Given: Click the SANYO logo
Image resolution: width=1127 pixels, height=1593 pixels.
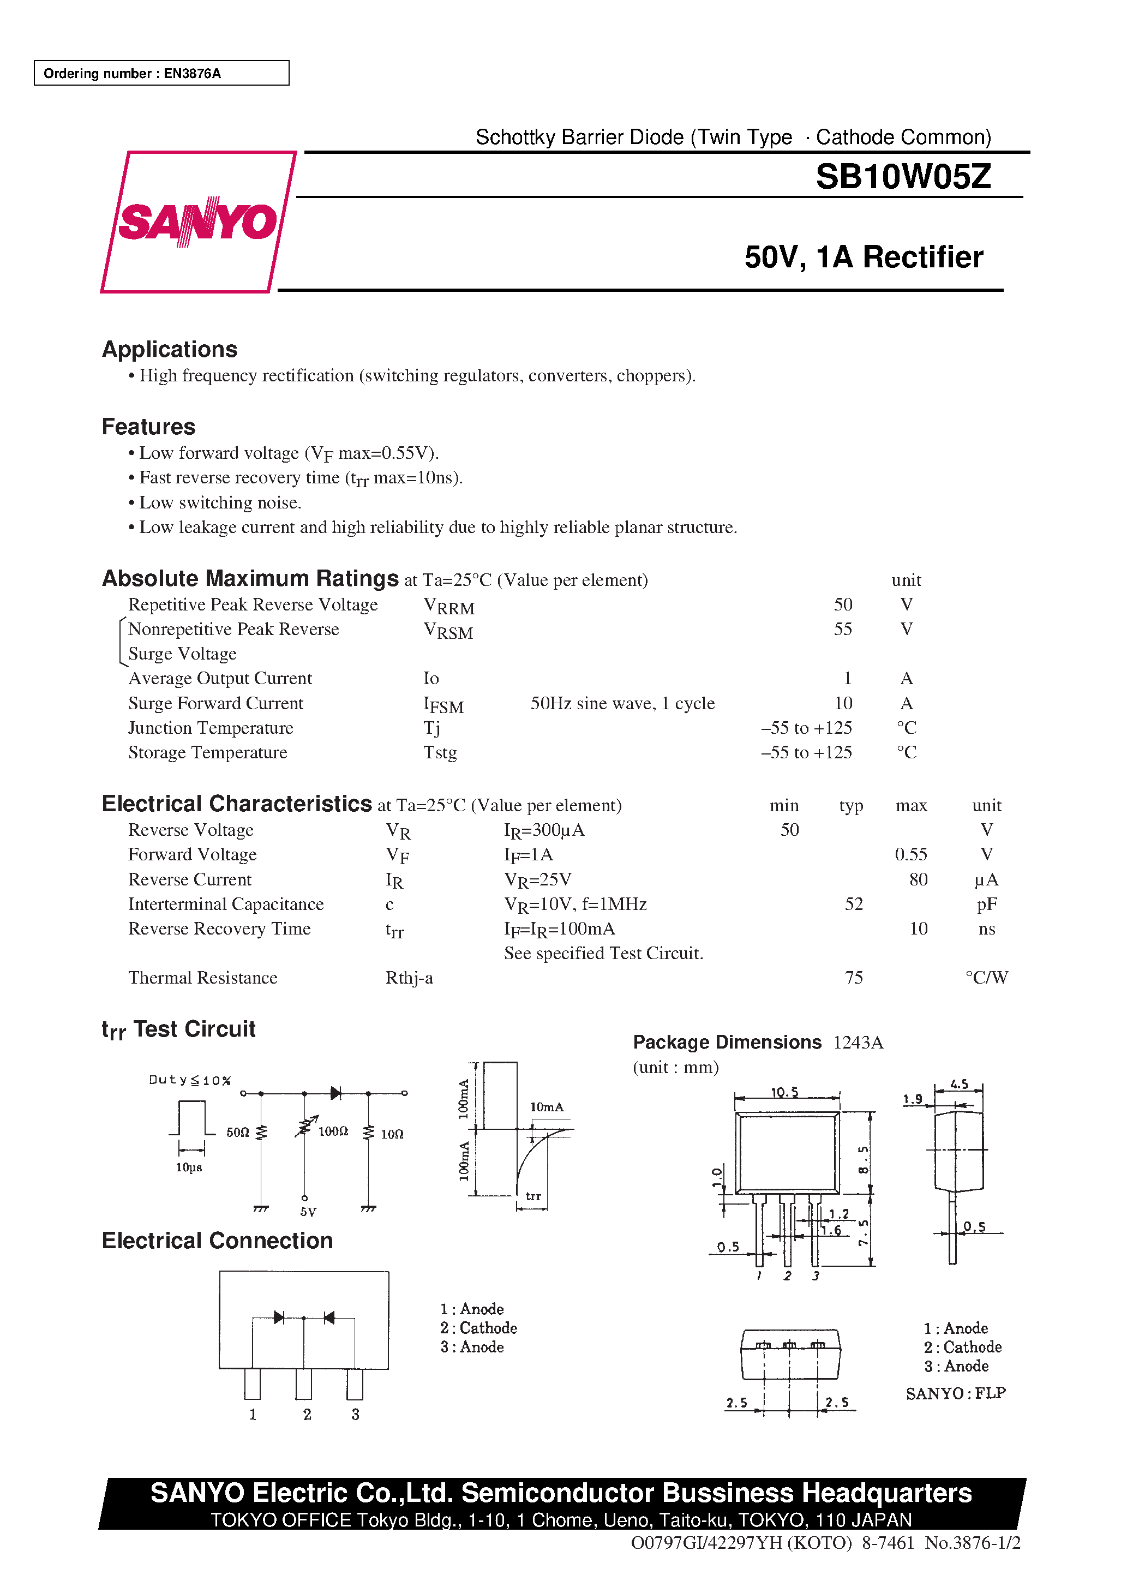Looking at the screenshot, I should tap(198, 222).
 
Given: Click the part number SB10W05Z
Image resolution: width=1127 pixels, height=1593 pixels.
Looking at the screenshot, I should tap(903, 176).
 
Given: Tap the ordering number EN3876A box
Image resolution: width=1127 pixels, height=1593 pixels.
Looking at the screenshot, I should tap(161, 73).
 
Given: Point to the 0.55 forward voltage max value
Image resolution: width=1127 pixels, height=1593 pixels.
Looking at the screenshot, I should tap(910, 855).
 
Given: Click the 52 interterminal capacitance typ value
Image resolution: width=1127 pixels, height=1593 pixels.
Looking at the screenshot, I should tap(854, 904).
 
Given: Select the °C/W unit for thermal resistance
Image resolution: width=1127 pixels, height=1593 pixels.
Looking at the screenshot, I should tap(986, 978).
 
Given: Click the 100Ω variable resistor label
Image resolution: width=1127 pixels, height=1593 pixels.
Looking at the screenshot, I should tap(333, 1131).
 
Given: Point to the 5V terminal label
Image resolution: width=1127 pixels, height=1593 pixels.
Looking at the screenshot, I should tap(308, 1212).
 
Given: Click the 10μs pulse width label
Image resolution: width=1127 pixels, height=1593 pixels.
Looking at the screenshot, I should tap(189, 1167).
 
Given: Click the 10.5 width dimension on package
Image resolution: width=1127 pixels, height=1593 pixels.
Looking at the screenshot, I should tap(785, 1092).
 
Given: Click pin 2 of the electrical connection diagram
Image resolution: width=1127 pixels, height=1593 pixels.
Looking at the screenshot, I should tap(304, 1385).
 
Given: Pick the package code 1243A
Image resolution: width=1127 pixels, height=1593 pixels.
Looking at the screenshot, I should tap(858, 1043).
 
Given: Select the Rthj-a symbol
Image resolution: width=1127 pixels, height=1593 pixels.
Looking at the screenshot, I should tap(409, 978).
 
